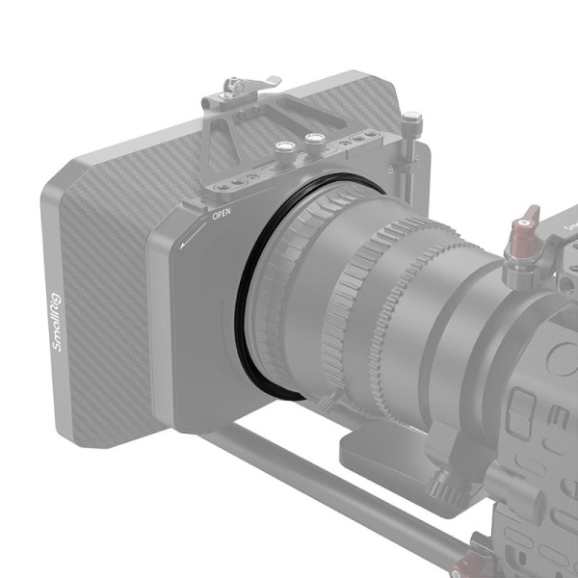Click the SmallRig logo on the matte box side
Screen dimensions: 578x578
pos(58,323)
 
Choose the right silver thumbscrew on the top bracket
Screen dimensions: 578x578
pos(312,139)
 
